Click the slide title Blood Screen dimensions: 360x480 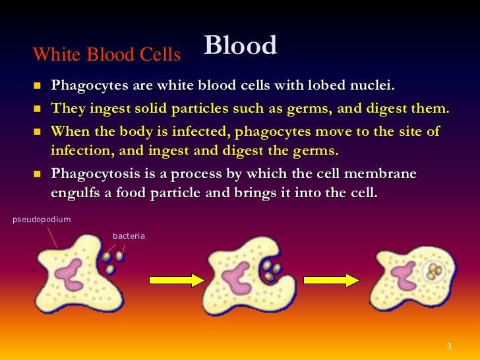[240, 45]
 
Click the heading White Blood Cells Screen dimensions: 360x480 [107, 55]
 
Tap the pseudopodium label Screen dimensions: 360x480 [41, 219]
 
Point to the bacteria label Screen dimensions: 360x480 [128, 235]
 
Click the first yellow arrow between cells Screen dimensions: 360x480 [177, 280]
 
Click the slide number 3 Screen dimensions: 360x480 [448, 347]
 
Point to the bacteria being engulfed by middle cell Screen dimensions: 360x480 [270, 270]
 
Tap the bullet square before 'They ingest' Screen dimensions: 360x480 [36, 108]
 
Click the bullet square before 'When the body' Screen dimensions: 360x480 [36, 131]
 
